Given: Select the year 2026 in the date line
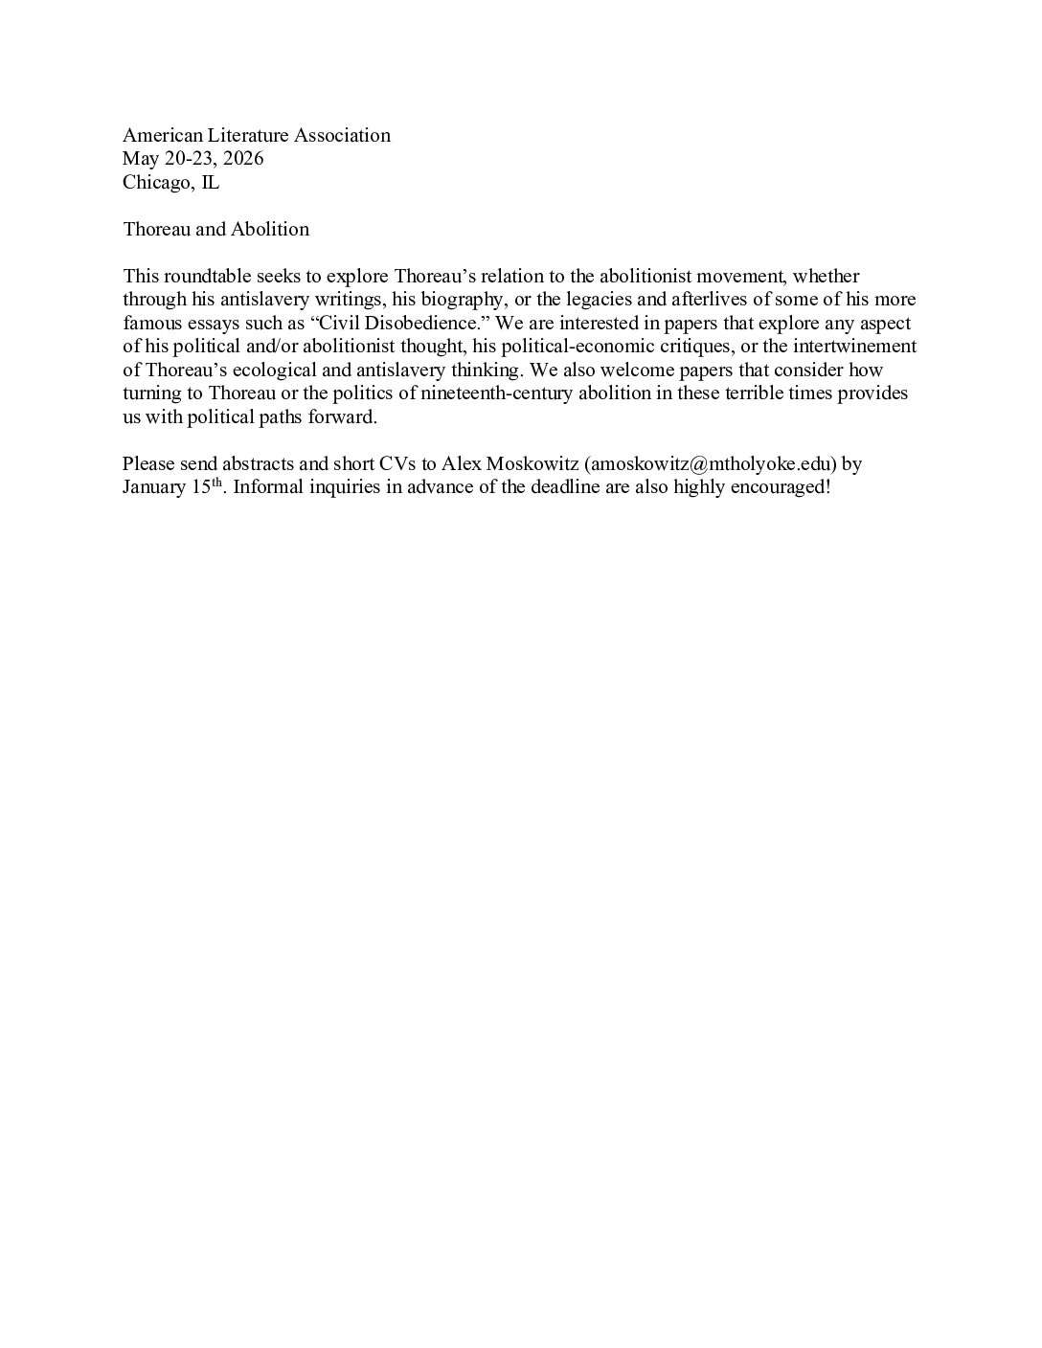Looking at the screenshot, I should [243, 159].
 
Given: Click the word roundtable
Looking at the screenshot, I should [205, 277].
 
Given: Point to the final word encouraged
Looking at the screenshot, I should [773, 487].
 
